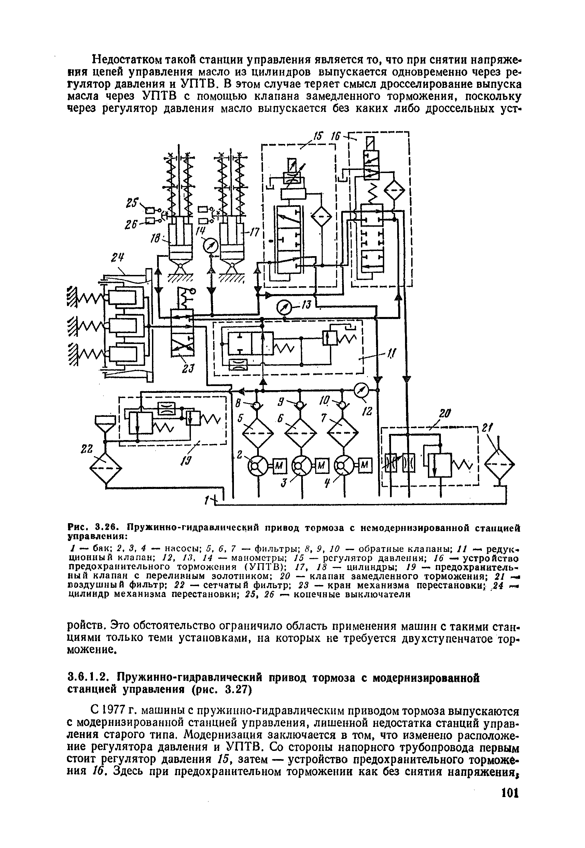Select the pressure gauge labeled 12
361,392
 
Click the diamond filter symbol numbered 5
259,434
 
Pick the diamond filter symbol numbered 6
301,434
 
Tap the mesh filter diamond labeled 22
106,470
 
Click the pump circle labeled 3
301,466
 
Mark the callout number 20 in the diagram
444,414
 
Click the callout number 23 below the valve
190,368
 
